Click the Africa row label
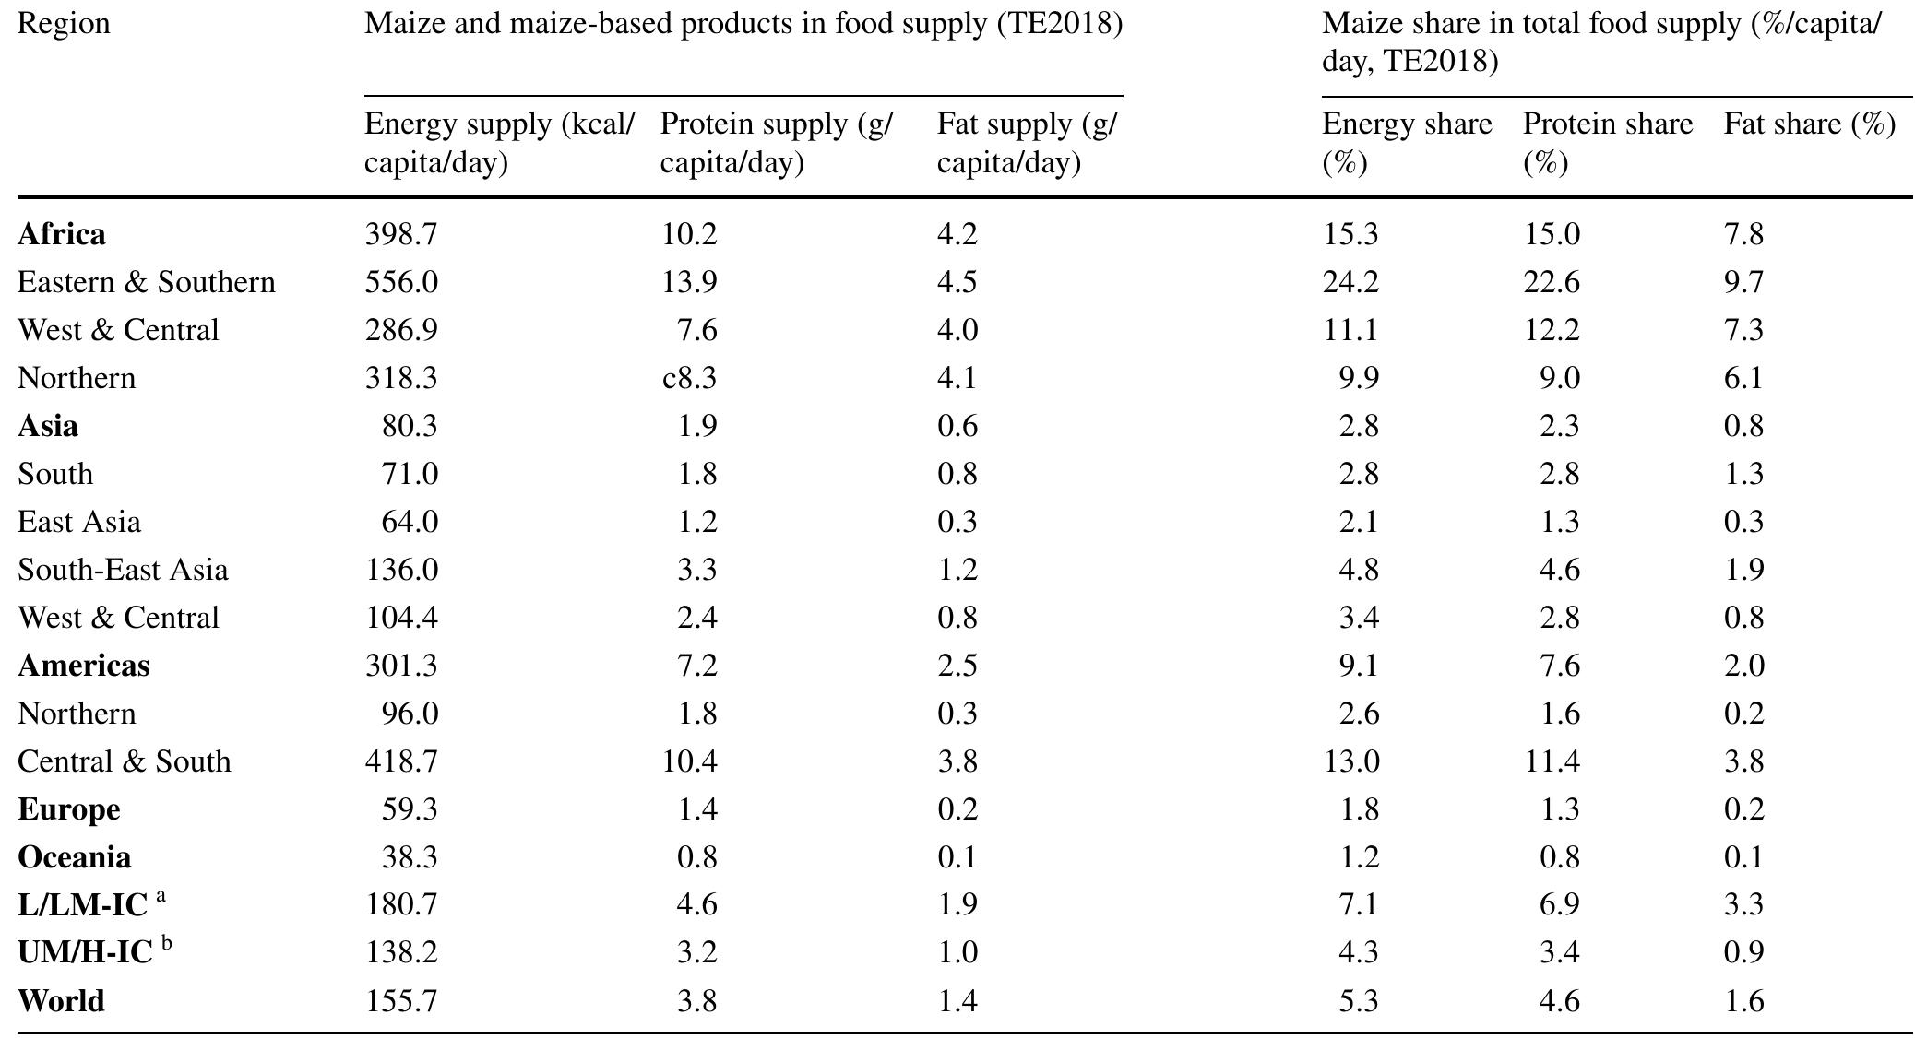click(x=61, y=234)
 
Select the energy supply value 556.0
click(x=401, y=282)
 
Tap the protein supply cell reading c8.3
click(x=689, y=378)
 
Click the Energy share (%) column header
click(x=1406, y=143)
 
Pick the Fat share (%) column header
click(x=1809, y=124)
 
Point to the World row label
click(x=61, y=1001)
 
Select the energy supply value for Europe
click(x=410, y=809)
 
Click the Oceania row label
click(x=74, y=857)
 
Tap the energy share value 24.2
click(x=1350, y=282)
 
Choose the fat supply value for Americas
click(x=957, y=666)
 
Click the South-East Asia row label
click(x=123, y=570)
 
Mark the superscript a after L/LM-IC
click(x=161, y=895)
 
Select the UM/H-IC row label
click(x=85, y=953)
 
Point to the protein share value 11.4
click(x=1552, y=761)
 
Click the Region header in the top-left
click(x=64, y=23)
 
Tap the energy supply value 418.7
click(x=401, y=761)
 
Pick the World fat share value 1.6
click(x=1743, y=1001)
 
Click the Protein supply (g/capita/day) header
click(x=776, y=143)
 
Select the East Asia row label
click(x=79, y=522)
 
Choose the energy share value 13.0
click(x=1350, y=761)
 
